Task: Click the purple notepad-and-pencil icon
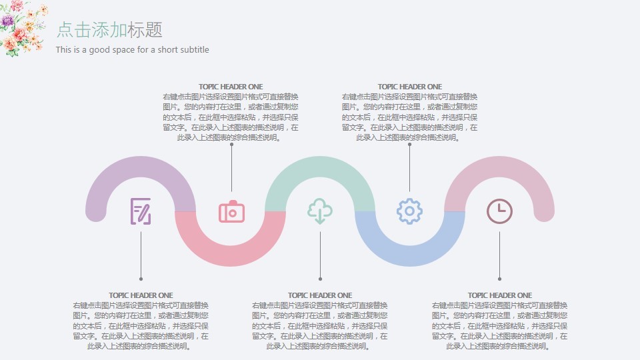(x=141, y=211)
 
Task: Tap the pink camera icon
(x=231, y=211)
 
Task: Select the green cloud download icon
(x=320, y=211)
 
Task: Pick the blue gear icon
(x=409, y=211)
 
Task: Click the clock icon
(x=499, y=211)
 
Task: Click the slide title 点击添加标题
(x=109, y=30)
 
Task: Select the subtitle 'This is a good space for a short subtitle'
(x=132, y=50)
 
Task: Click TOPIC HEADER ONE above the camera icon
(x=231, y=87)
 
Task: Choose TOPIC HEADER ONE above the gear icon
(x=409, y=87)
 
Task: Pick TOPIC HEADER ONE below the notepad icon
(x=141, y=295)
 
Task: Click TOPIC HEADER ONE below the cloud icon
(x=320, y=295)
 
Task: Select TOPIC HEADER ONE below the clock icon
(x=499, y=295)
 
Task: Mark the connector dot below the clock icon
(x=499, y=279)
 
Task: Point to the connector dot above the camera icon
(x=231, y=144)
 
